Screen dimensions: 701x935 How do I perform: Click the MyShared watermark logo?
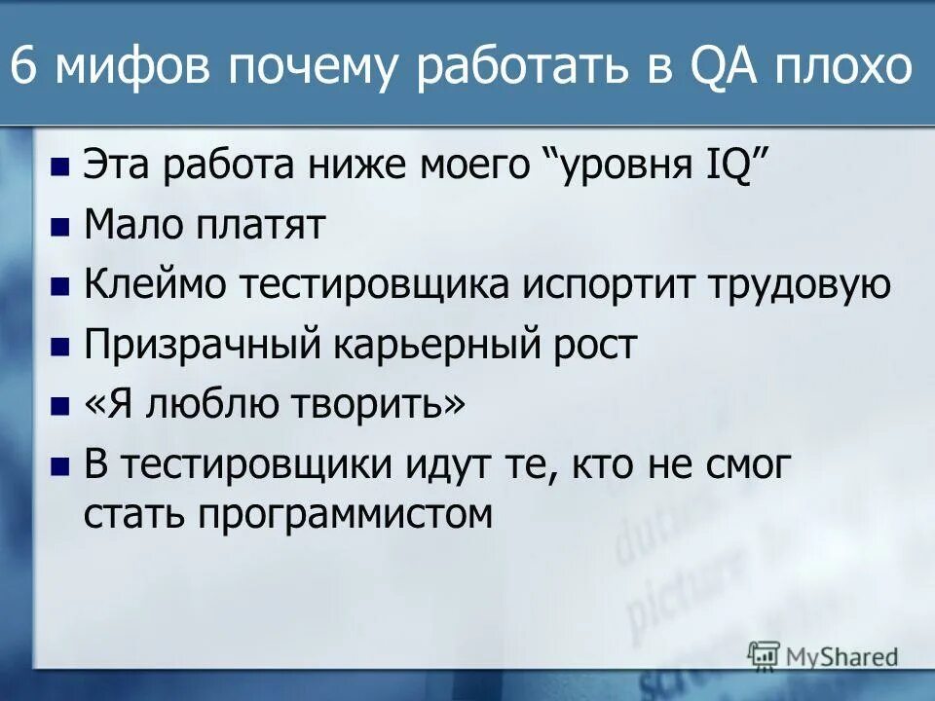[824, 655]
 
